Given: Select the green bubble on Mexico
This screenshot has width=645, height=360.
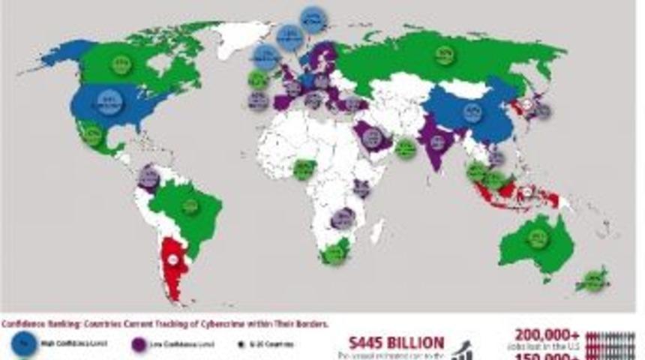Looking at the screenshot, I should point(93,136).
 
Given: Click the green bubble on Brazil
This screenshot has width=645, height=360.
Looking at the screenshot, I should point(191,204).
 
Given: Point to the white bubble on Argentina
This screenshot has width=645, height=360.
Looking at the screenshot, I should point(174,259).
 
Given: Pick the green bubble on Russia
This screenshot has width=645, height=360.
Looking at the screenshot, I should point(444,55).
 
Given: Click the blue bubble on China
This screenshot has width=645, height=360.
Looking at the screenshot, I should point(472,114).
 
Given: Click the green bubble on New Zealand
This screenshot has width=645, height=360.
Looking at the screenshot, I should point(595,278).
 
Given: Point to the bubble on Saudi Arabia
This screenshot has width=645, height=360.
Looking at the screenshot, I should point(374,138).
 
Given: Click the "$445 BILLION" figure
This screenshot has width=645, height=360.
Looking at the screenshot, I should point(396,342).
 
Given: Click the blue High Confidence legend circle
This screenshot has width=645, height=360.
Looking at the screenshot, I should point(24,345).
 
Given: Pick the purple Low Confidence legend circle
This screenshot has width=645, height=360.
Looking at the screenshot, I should point(139,345).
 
